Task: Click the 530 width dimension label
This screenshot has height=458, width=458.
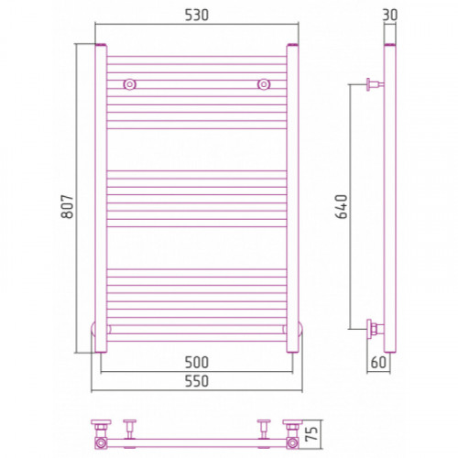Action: pos(197,16)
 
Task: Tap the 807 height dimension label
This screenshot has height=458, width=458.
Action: pos(68,206)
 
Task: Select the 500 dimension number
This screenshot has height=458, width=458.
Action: pos(197,363)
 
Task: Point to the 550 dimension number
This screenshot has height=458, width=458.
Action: pos(197,381)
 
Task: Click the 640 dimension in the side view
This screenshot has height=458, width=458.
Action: pos(342,207)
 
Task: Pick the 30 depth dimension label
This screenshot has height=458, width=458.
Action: pos(390,15)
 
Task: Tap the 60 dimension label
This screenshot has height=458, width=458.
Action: pos(378,363)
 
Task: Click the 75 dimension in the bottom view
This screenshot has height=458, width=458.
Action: pos(311,433)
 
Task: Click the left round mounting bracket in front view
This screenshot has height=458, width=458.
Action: pos(130,84)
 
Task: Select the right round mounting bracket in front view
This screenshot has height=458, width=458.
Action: pos(264,84)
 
